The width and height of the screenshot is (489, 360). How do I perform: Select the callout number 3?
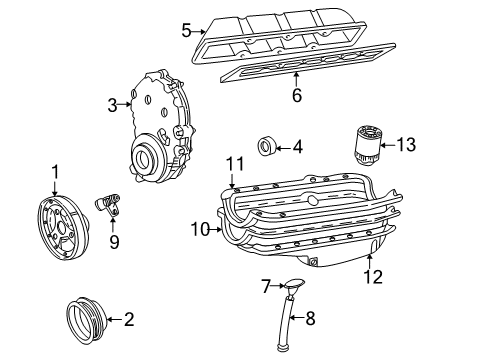click(113, 104)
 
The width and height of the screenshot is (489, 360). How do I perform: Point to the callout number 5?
click(187, 30)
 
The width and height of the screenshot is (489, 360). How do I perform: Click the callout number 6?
click(297, 96)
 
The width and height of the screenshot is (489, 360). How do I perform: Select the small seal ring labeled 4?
click(268, 146)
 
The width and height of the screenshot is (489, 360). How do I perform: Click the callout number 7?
click(266, 287)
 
